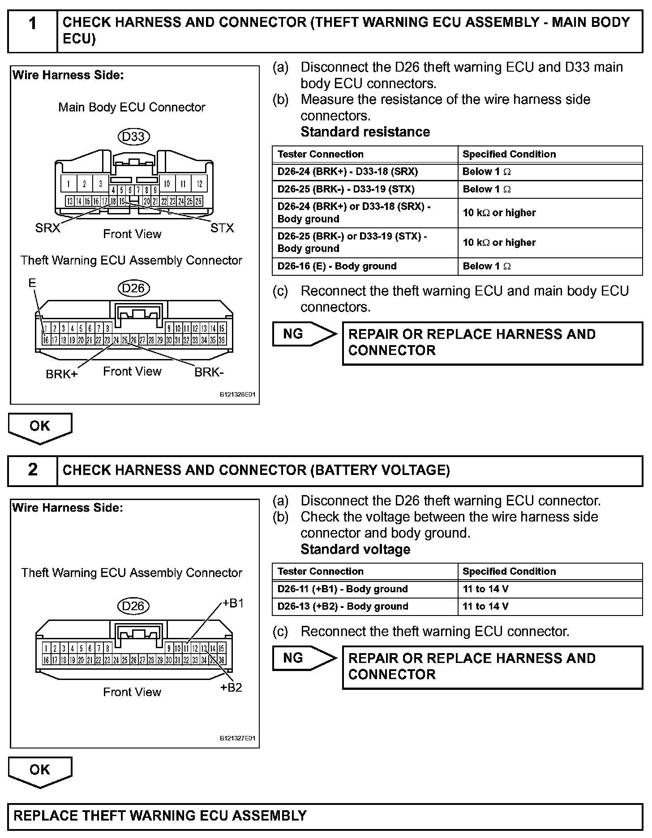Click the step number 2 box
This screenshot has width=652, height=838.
click(32, 470)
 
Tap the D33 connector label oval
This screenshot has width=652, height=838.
click(133, 136)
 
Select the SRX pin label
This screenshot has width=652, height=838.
click(47, 228)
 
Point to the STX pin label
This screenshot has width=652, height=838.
click(222, 228)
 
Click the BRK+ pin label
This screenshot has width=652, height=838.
click(61, 374)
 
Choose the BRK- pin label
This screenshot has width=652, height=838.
click(209, 372)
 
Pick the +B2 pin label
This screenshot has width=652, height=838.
click(231, 688)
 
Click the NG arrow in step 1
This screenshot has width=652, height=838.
click(304, 334)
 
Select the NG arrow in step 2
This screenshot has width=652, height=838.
click(304, 658)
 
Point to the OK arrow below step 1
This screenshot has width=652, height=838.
click(40, 428)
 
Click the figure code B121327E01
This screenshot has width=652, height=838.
click(237, 738)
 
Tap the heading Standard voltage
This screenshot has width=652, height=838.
click(355, 549)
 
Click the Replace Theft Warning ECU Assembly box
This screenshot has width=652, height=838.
click(325, 816)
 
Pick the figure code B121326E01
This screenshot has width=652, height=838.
click(237, 395)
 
